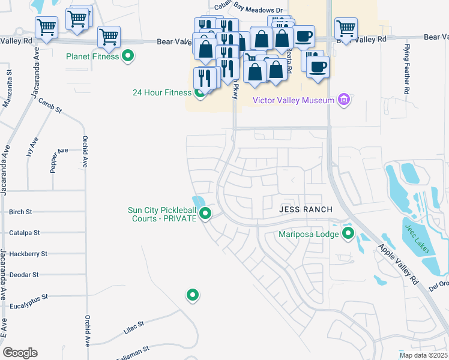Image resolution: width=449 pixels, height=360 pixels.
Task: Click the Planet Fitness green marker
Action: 128,57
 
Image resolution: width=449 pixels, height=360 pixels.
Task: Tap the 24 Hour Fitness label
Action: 162,92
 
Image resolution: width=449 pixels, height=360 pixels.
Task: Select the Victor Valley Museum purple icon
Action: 344,100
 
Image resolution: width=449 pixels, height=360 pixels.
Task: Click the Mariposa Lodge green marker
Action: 348,234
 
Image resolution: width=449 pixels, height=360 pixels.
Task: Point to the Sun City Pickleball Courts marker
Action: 205,213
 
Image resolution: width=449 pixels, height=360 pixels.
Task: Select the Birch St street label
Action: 20,212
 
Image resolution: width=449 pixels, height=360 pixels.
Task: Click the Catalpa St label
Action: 25,232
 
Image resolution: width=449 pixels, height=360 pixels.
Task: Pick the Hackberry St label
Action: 28,254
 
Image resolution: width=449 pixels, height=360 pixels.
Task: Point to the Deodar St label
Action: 24,274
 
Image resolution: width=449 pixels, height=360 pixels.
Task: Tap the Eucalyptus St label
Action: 28,296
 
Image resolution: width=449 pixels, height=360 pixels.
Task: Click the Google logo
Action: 20,353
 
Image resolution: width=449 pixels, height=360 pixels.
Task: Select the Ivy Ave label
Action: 29,146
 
